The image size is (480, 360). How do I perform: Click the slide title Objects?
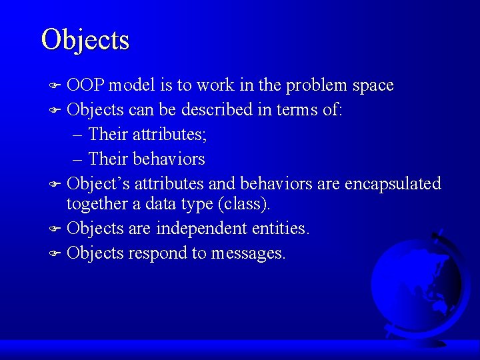(85, 39)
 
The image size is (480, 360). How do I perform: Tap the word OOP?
(86, 85)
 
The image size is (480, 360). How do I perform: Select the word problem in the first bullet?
(315, 85)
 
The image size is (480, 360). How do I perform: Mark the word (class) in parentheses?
(244, 204)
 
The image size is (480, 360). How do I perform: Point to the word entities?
(281, 229)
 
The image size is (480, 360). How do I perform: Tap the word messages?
(248, 253)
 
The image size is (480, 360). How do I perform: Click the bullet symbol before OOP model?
(57, 86)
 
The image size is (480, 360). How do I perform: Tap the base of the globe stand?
(427, 341)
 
